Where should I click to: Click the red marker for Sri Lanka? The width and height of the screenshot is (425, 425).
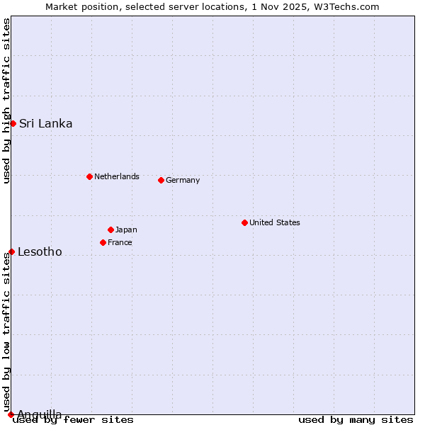pos(13,123)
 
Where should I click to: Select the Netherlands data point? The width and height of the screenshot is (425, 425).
pos(89,176)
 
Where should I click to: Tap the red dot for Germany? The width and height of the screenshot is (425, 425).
pos(161,180)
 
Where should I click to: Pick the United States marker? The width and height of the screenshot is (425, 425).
pos(244,222)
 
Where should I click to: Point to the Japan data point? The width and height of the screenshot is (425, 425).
pos(110,229)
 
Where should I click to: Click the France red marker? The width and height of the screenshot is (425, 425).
pos(103,242)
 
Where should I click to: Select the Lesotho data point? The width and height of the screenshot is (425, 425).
pos(11,251)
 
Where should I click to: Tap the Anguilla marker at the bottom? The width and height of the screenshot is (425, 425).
pos(11,414)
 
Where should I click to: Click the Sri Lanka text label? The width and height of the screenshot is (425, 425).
pos(45,123)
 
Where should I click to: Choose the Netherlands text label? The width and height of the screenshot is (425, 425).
pos(116,176)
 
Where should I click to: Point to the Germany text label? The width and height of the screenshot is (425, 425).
pos(183,180)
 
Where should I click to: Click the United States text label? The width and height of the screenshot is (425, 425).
pos(274,222)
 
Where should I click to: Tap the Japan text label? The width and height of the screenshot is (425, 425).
pos(126,229)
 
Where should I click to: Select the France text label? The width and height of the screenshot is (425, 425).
pos(120,242)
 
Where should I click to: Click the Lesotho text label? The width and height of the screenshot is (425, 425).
pos(40,251)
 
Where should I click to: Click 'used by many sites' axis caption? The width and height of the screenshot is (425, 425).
pos(356,419)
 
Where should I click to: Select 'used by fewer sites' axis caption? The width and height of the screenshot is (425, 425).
pos(74,419)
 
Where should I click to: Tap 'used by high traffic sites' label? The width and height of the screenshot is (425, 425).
pos(6,101)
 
